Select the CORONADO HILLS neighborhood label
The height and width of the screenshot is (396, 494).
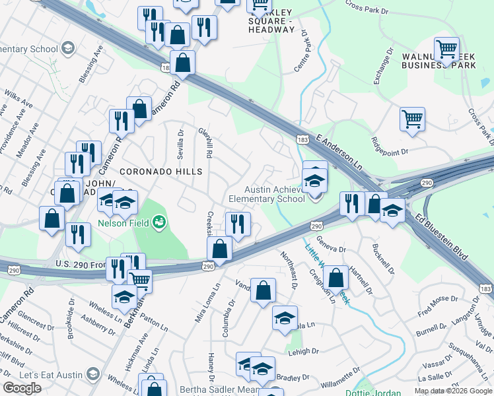coord(160,172)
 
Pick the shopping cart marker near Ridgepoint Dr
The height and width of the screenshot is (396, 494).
coord(412,119)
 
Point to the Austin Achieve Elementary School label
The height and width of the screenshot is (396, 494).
coord(267,194)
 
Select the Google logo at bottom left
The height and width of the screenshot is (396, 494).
coord(22,388)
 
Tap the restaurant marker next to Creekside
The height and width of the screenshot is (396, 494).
coord(238,224)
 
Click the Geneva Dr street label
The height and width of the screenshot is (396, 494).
coord(332,244)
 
